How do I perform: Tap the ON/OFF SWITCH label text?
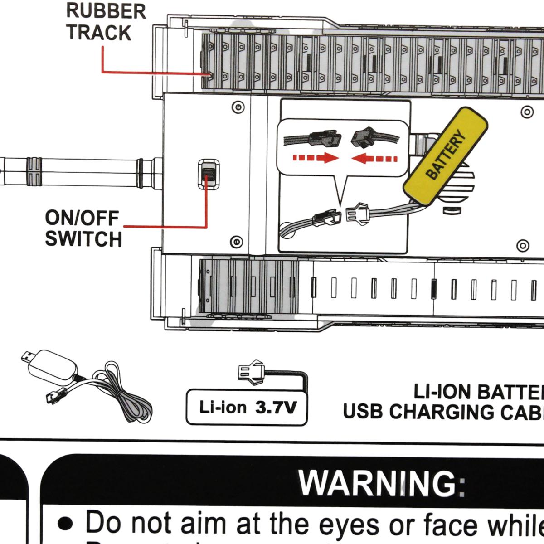coord(83,228)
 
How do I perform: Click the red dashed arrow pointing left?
coord(374,159)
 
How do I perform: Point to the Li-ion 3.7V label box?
coord(247,407)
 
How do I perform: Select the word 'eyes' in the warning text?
coord(349,524)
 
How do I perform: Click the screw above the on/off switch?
coord(238,107)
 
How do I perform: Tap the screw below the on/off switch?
coord(236,242)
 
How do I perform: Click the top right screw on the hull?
coord(527,112)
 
